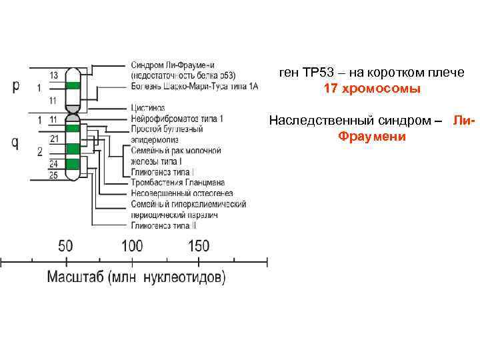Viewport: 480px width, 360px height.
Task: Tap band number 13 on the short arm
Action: pos(54,75)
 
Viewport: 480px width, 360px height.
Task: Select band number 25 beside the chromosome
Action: pos(54,175)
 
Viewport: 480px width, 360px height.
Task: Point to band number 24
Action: pos(54,163)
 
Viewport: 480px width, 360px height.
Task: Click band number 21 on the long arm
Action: pos(54,139)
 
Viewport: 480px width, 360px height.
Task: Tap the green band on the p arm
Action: pos(73,86)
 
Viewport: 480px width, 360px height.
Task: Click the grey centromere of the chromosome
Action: pos(73,110)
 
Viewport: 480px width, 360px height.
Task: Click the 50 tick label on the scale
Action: pos(65,245)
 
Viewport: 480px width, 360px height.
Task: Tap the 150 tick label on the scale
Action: pos(199,245)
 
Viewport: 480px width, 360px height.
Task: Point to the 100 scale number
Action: pos(131,245)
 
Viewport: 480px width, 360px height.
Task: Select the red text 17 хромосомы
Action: pos(372,89)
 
